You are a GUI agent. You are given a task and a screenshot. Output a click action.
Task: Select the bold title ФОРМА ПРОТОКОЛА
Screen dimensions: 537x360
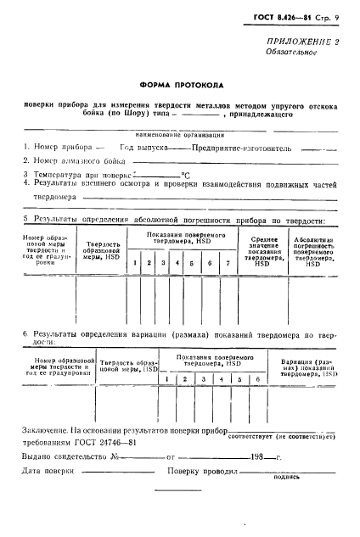(179, 85)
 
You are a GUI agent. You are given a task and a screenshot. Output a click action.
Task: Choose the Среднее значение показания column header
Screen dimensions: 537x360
(262, 251)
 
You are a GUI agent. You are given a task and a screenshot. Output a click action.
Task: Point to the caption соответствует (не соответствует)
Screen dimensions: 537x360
(283, 435)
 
